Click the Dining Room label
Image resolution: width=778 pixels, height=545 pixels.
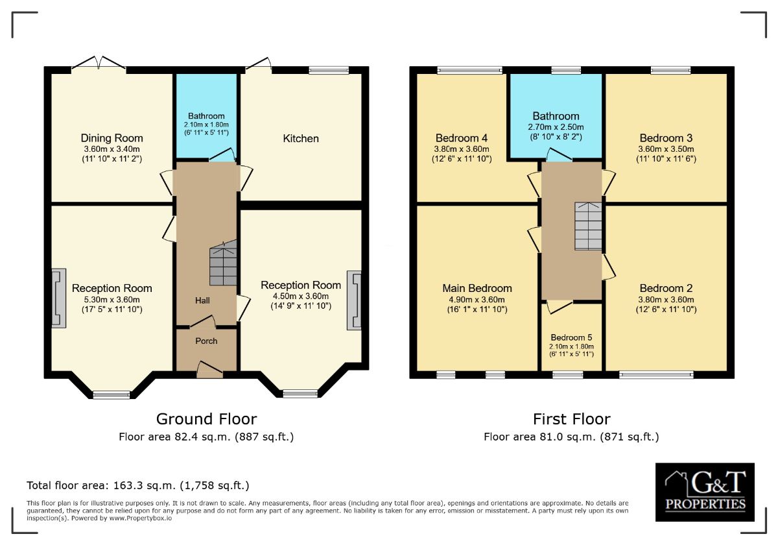click(112, 138)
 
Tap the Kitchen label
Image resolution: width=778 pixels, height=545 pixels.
click(301, 138)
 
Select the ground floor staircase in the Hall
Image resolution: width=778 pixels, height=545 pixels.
click(223, 263)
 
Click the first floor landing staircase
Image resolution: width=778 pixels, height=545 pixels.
click(588, 226)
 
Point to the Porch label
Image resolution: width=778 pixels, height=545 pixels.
click(206, 341)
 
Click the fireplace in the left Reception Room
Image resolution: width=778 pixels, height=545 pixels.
click(59, 298)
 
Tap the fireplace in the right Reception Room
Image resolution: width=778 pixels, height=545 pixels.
click(354, 300)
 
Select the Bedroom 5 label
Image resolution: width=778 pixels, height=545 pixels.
click(571, 337)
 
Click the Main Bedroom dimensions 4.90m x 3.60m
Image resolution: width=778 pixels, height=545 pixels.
click(477, 299)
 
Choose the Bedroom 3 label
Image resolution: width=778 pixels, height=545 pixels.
click(666, 138)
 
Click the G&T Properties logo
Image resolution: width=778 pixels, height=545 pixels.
click(705, 492)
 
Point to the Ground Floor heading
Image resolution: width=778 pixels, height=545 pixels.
click(207, 419)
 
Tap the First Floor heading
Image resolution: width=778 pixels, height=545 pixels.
click(572, 419)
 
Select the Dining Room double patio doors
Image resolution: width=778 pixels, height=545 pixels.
click(99, 64)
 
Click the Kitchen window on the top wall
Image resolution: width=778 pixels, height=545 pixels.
click(329, 70)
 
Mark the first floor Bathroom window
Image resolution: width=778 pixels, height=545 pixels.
click(566, 70)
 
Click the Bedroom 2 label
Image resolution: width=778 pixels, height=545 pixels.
click(666, 288)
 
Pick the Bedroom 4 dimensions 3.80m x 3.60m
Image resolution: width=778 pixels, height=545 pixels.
click(462, 149)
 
